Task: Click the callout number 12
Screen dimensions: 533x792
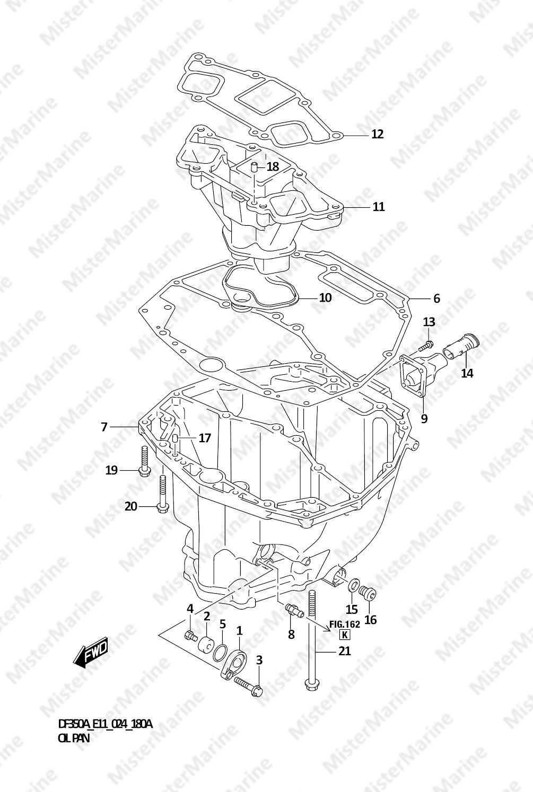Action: pyautogui.click(x=378, y=134)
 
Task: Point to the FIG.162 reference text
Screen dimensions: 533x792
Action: pyautogui.click(x=345, y=624)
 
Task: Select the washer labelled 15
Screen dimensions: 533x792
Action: pyautogui.click(x=352, y=585)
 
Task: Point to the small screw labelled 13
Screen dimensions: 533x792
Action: pyautogui.click(x=425, y=346)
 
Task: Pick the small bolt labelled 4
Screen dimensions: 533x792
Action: pyautogui.click(x=191, y=637)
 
